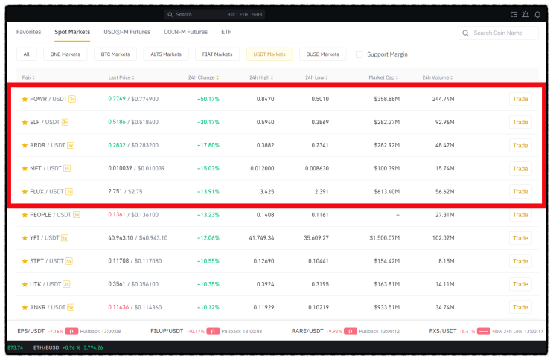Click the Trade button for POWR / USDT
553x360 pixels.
point(520,99)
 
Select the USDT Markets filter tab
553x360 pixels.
point(269,54)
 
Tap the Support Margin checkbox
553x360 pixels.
point(359,54)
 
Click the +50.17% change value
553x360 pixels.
point(208,99)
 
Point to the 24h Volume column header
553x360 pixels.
point(438,77)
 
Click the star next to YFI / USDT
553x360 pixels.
point(25,238)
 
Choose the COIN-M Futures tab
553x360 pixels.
point(185,32)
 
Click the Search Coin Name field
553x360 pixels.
point(498,33)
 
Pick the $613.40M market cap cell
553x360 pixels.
point(386,191)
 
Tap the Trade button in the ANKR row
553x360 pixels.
point(520,307)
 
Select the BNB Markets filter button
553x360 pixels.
point(65,54)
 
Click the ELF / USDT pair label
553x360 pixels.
point(45,122)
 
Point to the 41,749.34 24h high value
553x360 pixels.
point(261,238)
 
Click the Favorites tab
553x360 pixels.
point(28,32)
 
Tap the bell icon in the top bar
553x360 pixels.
point(537,14)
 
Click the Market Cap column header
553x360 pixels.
point(383,77)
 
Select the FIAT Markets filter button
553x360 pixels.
point(217,54)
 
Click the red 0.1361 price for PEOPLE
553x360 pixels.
point(117,215)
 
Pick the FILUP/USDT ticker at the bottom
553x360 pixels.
point(167,331)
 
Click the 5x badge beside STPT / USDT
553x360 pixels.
point(69,261)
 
